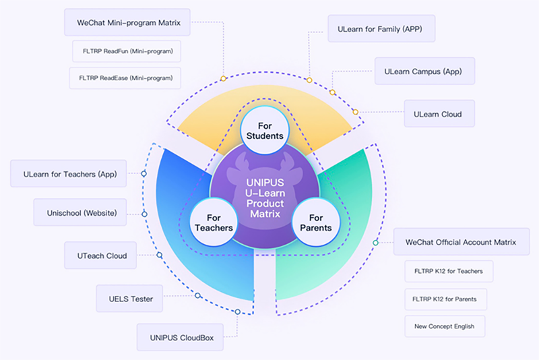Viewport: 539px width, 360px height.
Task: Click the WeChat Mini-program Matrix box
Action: (127, 22)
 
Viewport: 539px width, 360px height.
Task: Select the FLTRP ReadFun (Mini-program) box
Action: (126, 51)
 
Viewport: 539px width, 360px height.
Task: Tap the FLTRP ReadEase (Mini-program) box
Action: (126, 78)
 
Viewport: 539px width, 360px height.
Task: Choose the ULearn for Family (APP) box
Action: (380, 30)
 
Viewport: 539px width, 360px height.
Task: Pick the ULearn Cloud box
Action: (438, 114)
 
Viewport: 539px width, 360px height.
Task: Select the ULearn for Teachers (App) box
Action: (70, 174)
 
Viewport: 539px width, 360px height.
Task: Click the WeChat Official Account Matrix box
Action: (461, 242)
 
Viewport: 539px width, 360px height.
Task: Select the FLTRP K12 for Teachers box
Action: (448, 272)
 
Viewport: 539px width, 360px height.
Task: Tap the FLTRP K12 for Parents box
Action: (445, 299)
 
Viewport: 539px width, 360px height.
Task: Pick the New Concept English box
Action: (444, 326)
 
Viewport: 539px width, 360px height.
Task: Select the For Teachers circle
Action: (213, 222)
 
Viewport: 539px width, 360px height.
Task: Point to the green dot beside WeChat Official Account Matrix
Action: (376, 243)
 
